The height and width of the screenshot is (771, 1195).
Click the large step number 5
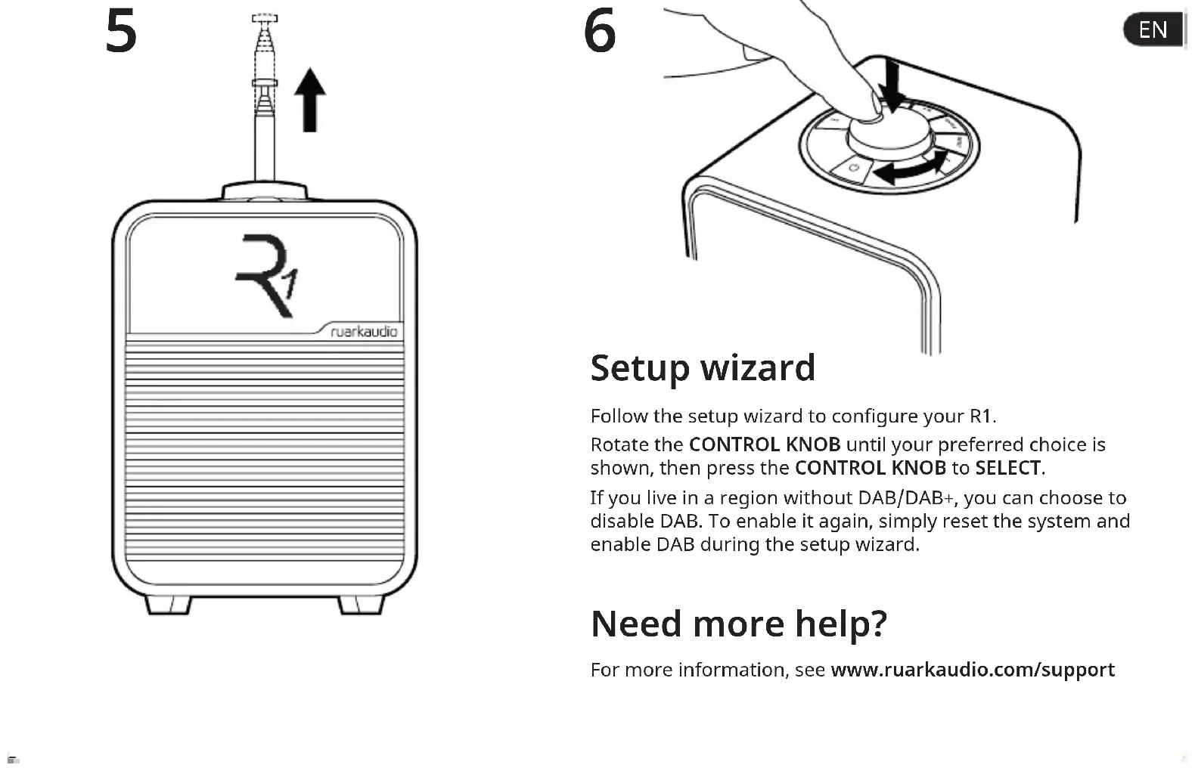[x=121, y=32]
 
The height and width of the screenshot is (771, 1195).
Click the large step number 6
[x=600, y=32]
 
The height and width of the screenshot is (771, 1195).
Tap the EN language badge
[x=1153, y=29]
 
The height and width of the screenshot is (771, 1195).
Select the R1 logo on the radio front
[x=267, y=275]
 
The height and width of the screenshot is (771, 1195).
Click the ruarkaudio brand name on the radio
[x=364, y=332]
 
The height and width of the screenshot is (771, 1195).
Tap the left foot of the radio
[x=167, y=604]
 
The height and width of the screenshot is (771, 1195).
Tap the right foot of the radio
[x=361, y=604]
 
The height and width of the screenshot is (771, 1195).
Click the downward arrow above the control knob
[x=893, y=85]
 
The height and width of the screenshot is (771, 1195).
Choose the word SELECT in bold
[x=1007, y=468]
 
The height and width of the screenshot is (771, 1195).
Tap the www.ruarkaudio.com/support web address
[x=972, y=670]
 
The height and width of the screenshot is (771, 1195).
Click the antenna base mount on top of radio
[x=265, y=190]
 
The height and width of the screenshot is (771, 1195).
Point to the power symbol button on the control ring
[x=854, y=167]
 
